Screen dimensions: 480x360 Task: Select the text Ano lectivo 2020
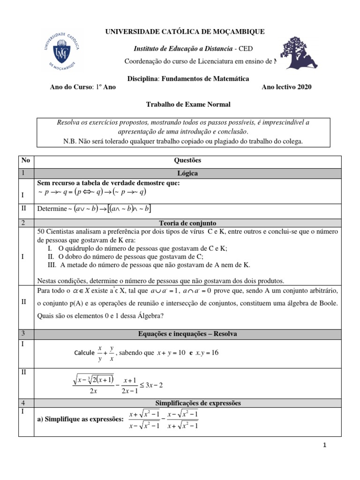coord(286,87)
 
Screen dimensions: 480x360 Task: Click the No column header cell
coord(25,160)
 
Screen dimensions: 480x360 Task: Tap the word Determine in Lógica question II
coord(52,209)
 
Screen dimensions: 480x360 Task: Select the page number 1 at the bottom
coord(323,446)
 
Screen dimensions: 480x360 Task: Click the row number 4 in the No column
coord(22,403)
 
